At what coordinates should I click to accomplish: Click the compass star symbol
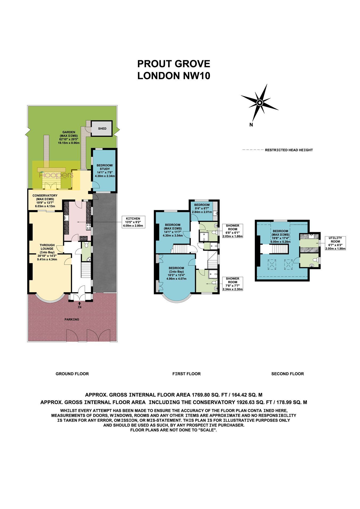(260, 103)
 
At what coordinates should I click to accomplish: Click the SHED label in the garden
(102, 129)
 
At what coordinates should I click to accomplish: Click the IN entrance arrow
(79, 305)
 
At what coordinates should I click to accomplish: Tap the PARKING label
(72, 319)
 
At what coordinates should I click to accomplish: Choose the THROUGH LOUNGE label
(47, 252)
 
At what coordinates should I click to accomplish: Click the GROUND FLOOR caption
(72, 374)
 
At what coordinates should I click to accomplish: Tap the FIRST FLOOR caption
(186, 374)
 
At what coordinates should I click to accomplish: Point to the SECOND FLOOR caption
(287, 374)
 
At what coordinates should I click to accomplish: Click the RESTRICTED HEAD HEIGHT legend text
(289, 150)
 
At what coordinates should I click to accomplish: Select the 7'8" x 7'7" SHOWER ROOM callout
(233, 284)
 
